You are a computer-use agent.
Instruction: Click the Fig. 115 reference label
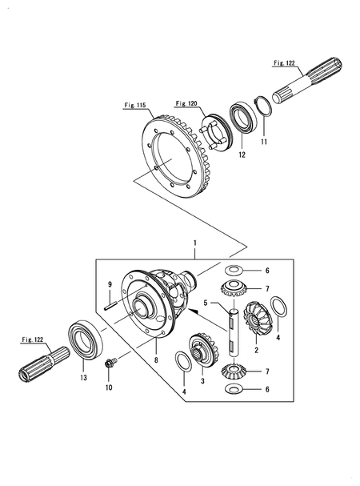[135, 106]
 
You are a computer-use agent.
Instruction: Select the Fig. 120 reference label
[187, 103]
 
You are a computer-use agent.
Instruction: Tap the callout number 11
[264, 142]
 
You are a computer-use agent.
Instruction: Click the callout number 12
[242, 155]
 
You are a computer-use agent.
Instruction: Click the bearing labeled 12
[243, 116]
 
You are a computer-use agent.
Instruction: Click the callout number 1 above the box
[195, 243]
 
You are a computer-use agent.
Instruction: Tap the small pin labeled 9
[110, 307]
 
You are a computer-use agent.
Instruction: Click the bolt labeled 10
[111, 363]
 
